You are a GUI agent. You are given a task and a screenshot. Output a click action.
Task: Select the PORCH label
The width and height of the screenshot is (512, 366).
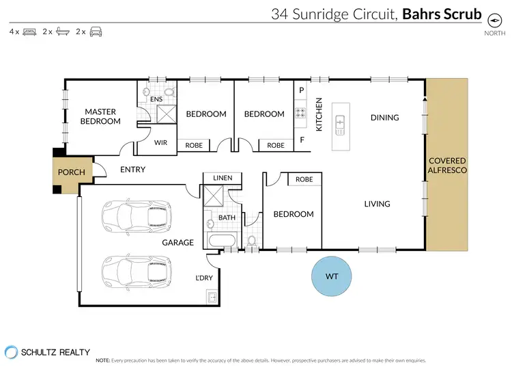[x=72, y=172]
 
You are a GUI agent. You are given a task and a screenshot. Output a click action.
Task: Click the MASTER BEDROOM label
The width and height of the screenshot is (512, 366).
[x=100, y=116]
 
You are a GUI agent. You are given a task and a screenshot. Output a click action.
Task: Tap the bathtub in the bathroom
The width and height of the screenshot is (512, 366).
[x=221, y=240]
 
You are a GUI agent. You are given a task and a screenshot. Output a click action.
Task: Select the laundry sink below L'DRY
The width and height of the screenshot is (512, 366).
[x=211, y=298]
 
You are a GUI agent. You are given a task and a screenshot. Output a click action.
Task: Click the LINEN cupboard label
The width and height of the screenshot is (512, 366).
[x=223, y=178]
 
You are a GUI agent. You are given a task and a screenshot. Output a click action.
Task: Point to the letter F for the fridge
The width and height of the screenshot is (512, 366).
[x=301, y=141]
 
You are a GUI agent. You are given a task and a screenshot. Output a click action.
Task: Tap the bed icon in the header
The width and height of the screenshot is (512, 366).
[x=29, y=31]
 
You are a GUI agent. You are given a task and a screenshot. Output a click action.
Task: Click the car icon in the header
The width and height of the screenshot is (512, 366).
[x=95, y=31]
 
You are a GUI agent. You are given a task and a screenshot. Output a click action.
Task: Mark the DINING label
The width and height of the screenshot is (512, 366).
[x=384, y=118]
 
